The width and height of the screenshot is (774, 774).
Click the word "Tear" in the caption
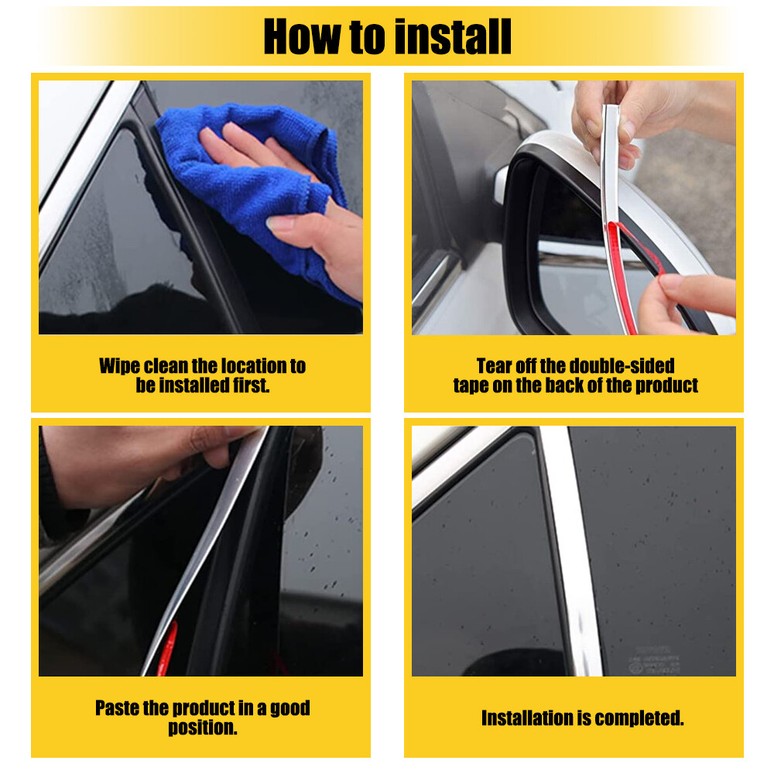tap(495, 366)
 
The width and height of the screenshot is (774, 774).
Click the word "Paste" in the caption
tap(120, 708)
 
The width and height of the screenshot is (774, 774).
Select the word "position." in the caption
tap(202, 728)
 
